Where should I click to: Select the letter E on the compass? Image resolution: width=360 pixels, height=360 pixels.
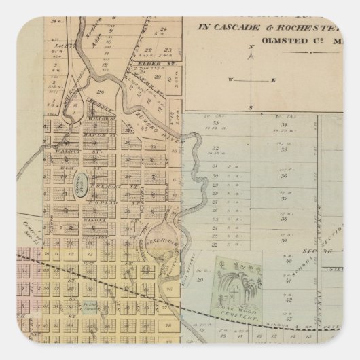(x=273, y=79)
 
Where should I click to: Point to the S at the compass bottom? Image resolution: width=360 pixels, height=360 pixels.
(x=251, y=109)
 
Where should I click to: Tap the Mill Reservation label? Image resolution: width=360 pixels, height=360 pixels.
(x=72, y=96)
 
